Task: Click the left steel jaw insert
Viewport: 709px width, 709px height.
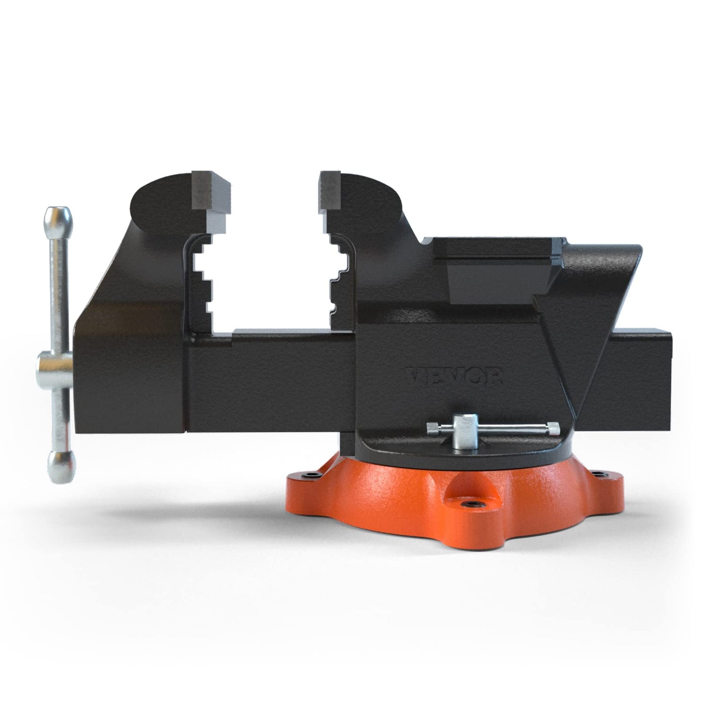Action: (210, 191)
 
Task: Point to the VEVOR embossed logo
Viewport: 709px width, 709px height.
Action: (455, 377)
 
